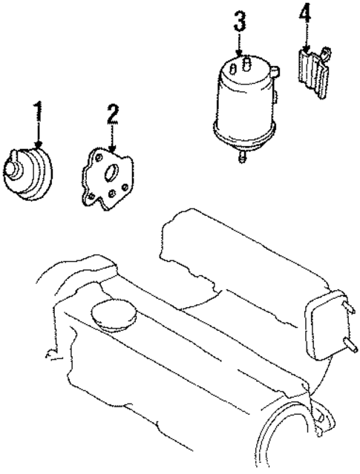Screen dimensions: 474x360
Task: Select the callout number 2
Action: [x=112, y=114]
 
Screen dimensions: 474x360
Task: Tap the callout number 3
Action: [x=239, y=22]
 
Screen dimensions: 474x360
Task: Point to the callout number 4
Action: [x=304, y=14]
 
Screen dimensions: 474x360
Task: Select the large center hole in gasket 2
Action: [x=111, y=176]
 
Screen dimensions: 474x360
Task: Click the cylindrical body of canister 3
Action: [x=242, y=104]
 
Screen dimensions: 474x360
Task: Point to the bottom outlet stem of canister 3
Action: [x=242, y=157]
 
